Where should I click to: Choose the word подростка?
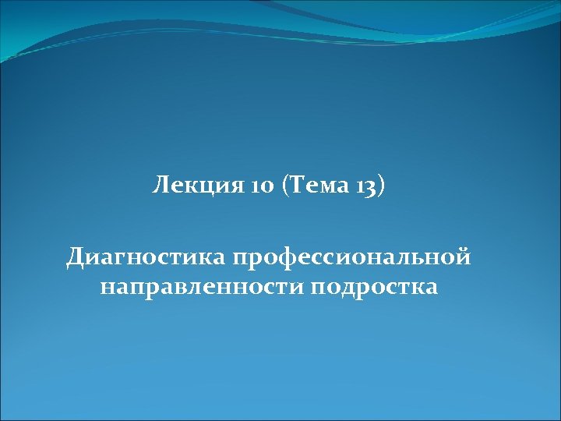coord(373,287)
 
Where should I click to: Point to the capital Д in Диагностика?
coord(76,256)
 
